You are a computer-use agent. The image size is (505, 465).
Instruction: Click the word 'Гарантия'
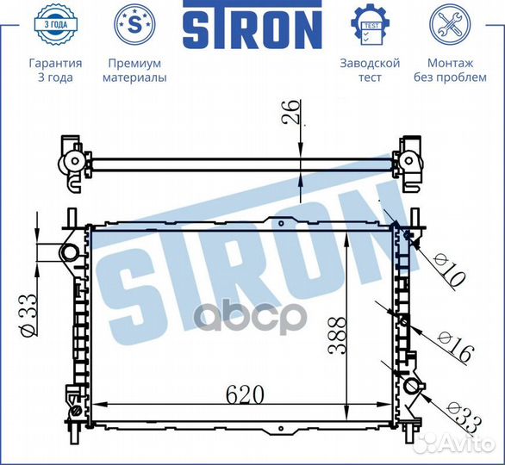pyautogui.click(x=55, y=63)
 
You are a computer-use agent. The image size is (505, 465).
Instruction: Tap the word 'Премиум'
pyautogui.click(x=134, y=63)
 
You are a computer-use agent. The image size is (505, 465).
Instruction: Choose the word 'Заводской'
pyautogui.click(x=370, y=63)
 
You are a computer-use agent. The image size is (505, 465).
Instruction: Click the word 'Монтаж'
pyautogui.click(x=450, y=63)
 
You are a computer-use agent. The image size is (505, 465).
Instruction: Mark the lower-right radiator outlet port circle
pyautogui.click(x=412, y=387)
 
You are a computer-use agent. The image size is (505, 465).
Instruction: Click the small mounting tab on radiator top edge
pyautogui.click(x=280, y=222)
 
